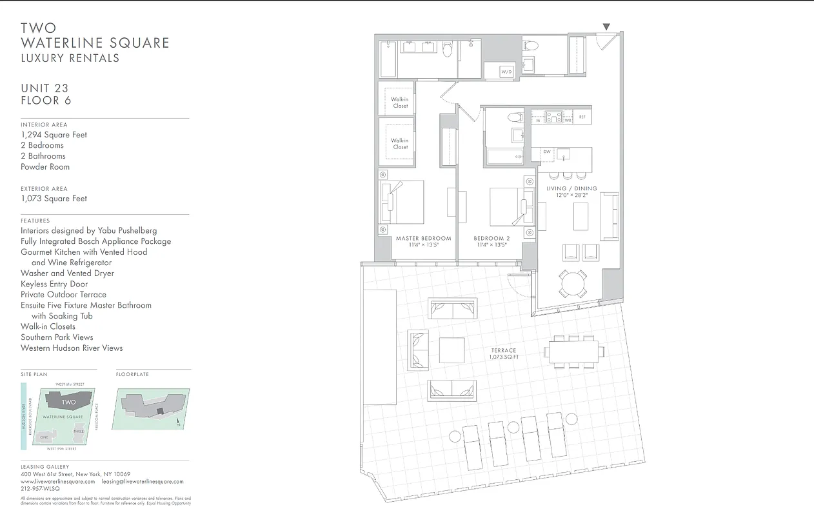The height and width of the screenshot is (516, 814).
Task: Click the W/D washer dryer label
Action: pos(506,72)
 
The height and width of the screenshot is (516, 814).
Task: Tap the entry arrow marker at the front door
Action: pos(606,26)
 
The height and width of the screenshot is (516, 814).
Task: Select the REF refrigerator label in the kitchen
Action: pos(582,117)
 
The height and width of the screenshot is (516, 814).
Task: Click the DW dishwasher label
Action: pos(546,152)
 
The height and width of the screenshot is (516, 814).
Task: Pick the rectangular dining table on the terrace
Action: pos(573,352)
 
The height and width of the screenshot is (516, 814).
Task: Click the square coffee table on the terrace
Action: pos(452,350)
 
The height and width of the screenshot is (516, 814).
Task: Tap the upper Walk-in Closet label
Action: pos(400,103)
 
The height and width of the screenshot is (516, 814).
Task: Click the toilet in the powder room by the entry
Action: pos(531,45)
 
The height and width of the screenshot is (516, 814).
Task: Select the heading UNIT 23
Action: pos(45,88)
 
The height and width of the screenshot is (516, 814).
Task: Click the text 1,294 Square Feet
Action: pos(54,135)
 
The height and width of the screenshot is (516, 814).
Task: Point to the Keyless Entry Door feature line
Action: pos(54,284)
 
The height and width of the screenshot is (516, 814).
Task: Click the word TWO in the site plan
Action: pos(68,402)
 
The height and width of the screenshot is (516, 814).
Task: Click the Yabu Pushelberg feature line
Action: pos(88,230)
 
